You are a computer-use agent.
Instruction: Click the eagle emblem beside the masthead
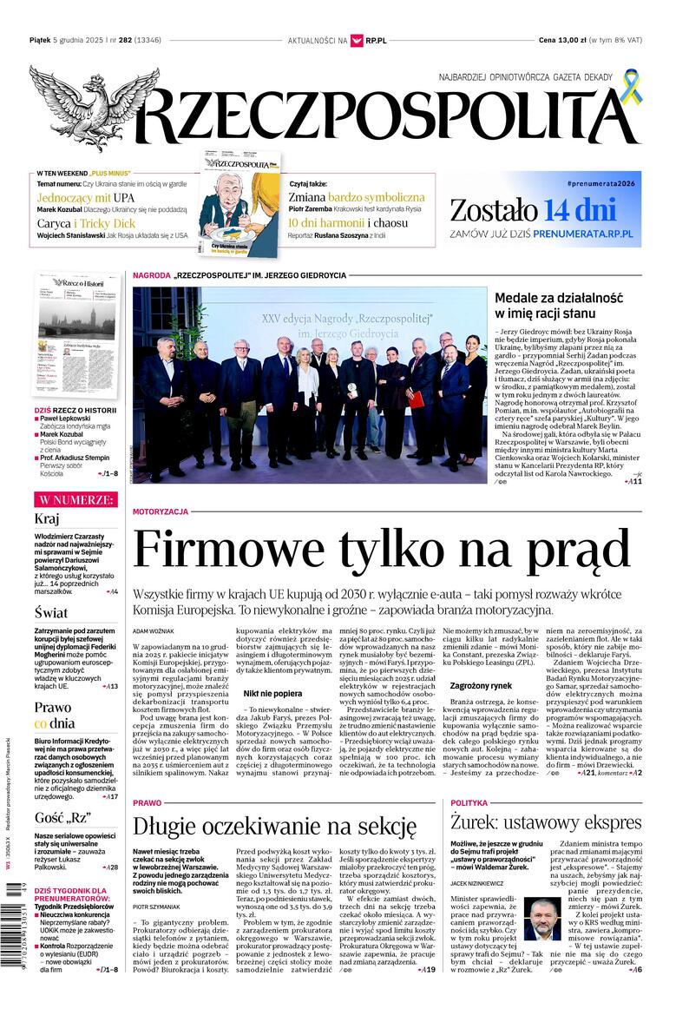click(x=94, y=108)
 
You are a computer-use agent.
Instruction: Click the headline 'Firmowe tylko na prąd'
click(x=381, y=550)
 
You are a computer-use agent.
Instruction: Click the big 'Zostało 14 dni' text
click(x=533, y=210)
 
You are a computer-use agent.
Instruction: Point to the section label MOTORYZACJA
click(x=160, y=512)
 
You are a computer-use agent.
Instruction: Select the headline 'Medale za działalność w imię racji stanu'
click(x=559, y=306)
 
